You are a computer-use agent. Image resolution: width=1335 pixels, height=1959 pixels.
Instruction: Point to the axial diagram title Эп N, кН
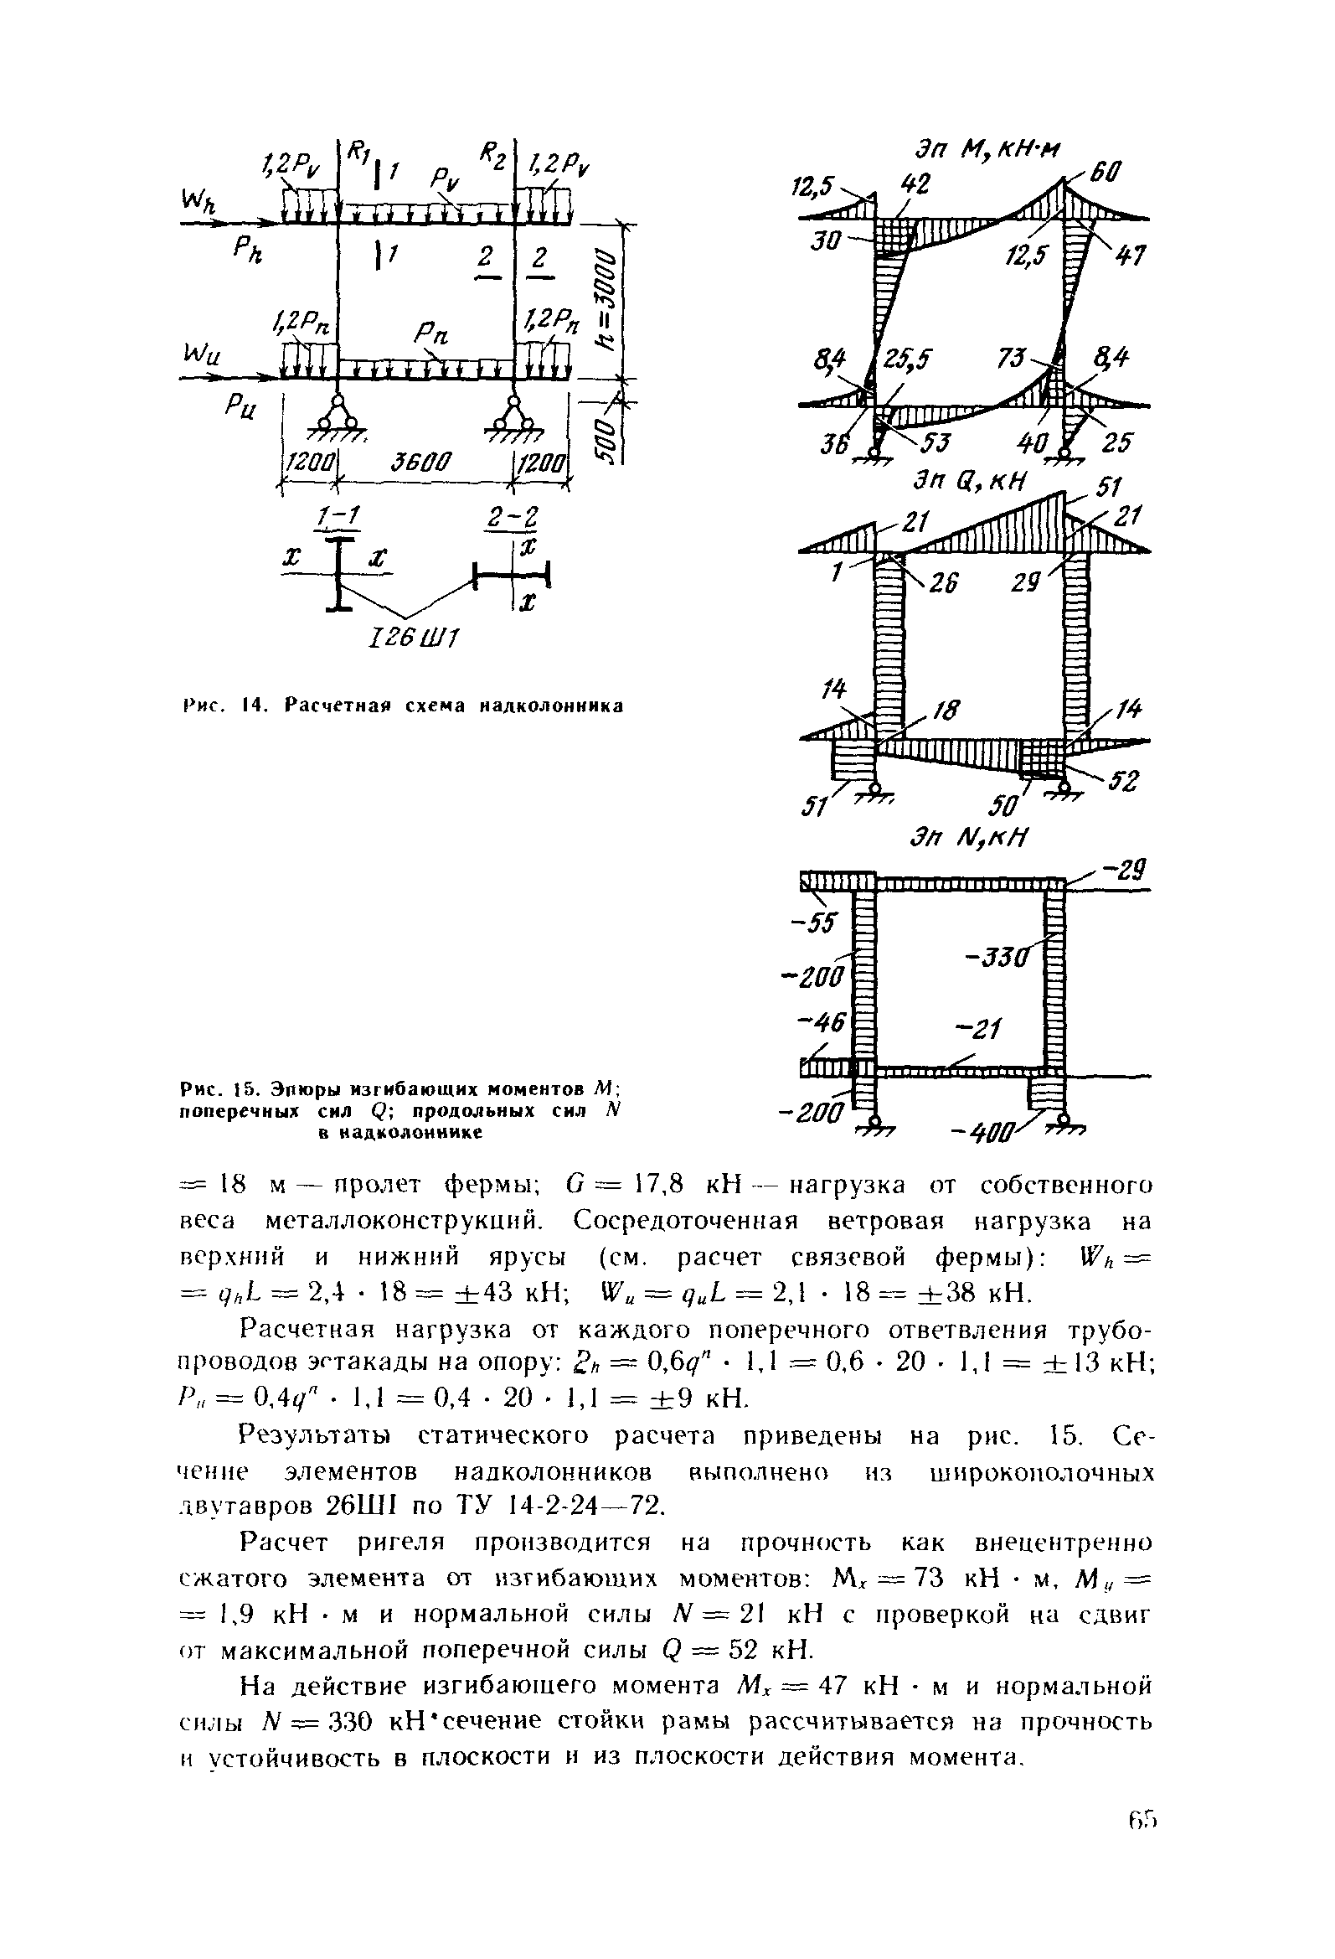coord(969,840)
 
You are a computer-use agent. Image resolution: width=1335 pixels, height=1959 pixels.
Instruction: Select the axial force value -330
coord(998,959)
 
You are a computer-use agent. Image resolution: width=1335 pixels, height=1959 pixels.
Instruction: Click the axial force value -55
coord(816,924)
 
